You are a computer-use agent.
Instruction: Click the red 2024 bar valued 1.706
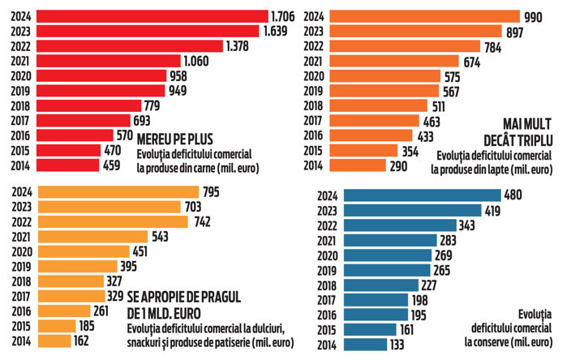coord(154,15)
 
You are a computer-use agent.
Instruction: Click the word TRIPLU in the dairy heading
coord(531,138)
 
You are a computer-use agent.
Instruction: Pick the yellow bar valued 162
coord(63,341)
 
